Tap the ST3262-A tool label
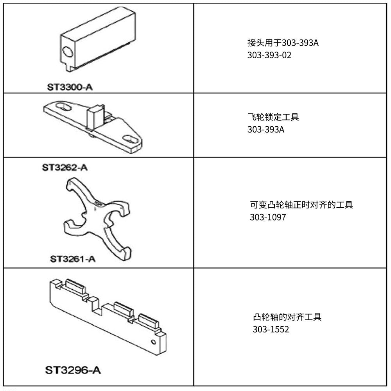(65, 168)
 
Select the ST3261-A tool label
(73, 258)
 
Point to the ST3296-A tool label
(73, 369)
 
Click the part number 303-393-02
(269, 56)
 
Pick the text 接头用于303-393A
(283, 43)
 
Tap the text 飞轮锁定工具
(273, 117)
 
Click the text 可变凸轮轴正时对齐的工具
(301, 204)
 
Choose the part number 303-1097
(268, 217)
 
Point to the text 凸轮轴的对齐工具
(287, 317)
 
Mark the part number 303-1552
(271, 330)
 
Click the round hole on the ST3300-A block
(66, 52)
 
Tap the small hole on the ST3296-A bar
(153, 343)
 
